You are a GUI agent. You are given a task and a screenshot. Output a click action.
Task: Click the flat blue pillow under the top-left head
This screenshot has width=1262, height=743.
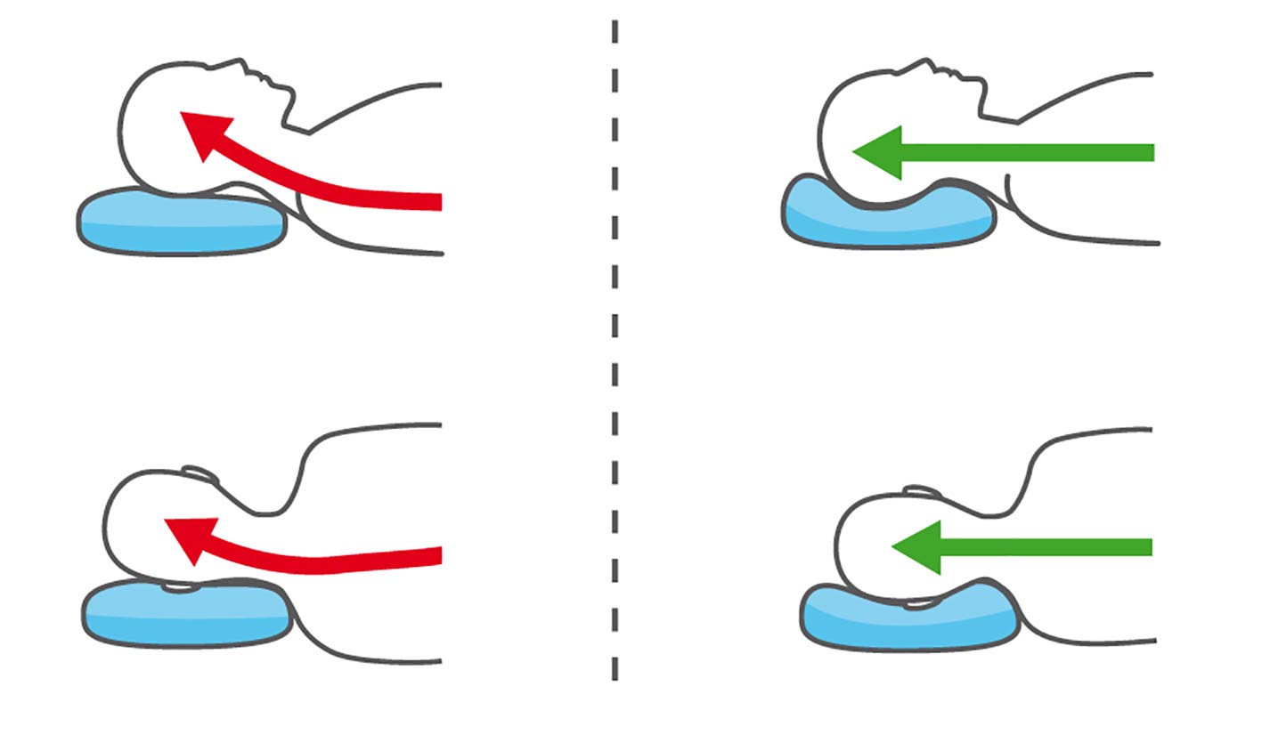pyautogui.click(x=183, y=222)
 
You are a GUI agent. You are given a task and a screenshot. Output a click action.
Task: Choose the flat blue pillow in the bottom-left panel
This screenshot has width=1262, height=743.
pyautogui.click(x=187, y=614)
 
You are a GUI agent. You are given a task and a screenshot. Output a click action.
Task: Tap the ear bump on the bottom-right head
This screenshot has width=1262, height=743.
pyautogui.click(x=923, y=492)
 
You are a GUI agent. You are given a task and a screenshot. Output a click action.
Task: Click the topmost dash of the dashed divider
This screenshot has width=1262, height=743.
pyautogui.click(x=615, y=32)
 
